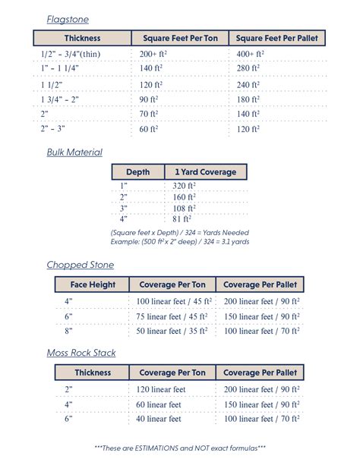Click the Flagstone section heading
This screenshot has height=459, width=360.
coord(67,18)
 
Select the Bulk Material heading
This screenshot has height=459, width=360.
coord(74,152)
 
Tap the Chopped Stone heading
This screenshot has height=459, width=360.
coord(80,265)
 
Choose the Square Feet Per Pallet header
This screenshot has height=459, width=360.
coord(276,38)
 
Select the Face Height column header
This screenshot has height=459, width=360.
coord(93,285)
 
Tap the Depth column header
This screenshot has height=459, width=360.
coord(137,172)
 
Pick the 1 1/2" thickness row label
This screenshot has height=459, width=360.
coord(53,84)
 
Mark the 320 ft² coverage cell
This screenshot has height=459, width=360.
coord(184,186)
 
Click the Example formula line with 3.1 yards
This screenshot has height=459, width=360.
coord(180,241)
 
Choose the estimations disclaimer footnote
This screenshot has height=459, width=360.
coord(180,448)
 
